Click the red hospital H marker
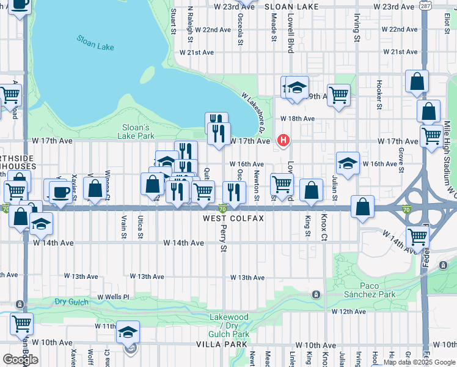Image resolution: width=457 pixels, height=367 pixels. [x=283, y=141]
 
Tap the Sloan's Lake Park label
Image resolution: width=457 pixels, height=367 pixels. [x=136, y=132]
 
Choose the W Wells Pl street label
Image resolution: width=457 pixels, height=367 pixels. [x=114, y=297]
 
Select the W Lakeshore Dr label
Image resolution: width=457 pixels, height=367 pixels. [x=252, y=113]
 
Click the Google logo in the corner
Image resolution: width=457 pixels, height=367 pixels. [x=20, y=360]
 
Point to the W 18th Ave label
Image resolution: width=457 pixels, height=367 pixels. [x=298, y=119]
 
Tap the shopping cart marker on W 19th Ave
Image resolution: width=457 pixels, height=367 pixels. [x=338, y=95]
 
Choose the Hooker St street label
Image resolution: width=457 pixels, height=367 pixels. [x=379, y=91]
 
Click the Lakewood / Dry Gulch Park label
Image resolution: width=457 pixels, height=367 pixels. [x=229, y=326]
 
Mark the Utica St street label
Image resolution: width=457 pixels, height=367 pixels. [x=141, y=226]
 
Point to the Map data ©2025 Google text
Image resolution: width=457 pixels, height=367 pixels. [x=419, y=362]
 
